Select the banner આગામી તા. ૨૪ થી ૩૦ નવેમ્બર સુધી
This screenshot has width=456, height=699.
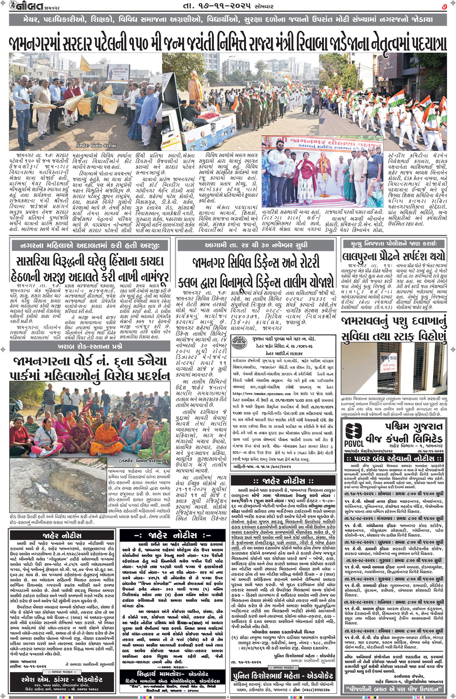tap(255, 245)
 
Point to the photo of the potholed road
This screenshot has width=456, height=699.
tap(58, 485)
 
